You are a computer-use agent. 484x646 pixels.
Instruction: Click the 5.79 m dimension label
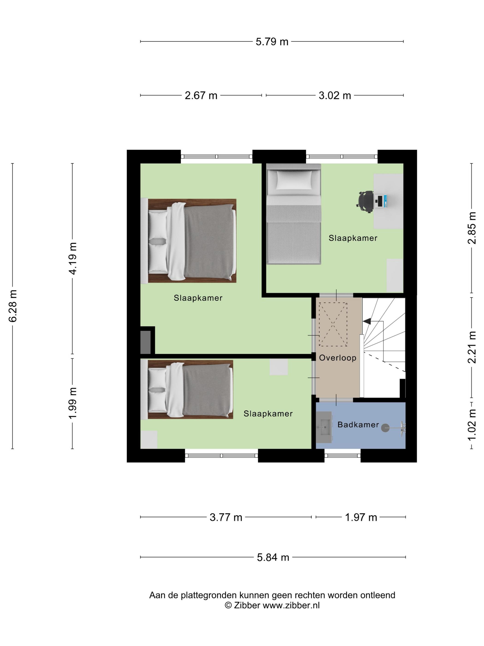[272, 42]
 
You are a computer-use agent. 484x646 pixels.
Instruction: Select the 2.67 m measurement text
[201, 96]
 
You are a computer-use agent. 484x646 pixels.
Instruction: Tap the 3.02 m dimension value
[335, 96]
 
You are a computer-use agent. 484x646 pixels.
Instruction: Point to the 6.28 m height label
[13, 306]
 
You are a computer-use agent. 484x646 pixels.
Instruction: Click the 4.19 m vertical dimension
[73, 258]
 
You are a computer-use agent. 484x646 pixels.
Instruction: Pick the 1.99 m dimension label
[73, 403]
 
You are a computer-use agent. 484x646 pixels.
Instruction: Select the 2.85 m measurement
[472, 228]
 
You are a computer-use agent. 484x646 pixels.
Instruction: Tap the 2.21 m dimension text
[472, 347]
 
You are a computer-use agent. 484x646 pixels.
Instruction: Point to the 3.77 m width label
[226, 517]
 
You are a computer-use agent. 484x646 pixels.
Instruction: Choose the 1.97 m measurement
[361, 517]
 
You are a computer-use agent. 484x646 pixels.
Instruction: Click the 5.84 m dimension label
[273, 557]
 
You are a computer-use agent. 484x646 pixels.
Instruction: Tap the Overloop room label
[338, 358]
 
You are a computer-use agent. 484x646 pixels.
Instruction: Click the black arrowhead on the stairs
[367, 321]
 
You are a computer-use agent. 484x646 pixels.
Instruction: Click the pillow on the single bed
[294, 180]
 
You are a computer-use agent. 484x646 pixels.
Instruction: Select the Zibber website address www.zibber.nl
[291, 605]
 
